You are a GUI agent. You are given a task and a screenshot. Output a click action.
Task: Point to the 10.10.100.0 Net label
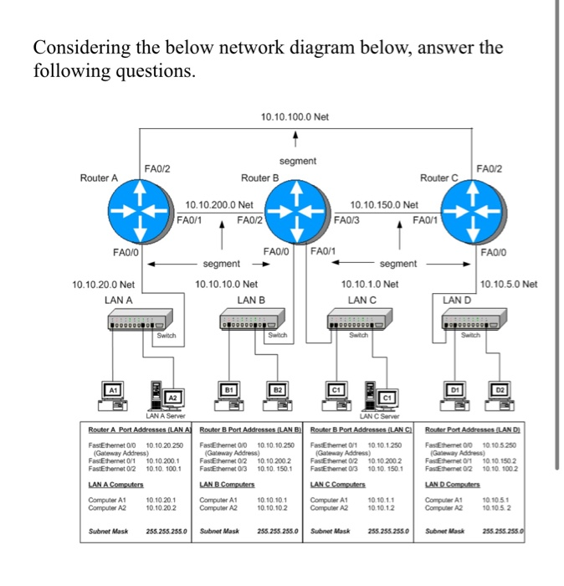(295, 117)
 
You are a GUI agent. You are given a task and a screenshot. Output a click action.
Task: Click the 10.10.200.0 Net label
(219, 204)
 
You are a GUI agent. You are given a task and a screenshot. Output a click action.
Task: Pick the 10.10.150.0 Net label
(384, 204)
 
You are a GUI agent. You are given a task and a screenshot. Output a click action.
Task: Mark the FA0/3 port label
(346, 220)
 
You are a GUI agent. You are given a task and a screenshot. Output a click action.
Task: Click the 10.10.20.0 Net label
(105, 285)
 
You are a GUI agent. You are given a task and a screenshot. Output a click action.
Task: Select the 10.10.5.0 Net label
(510, 285)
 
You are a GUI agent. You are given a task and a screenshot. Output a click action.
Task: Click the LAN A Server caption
(167, 416)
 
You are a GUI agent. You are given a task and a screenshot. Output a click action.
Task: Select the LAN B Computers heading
(227, 485)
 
